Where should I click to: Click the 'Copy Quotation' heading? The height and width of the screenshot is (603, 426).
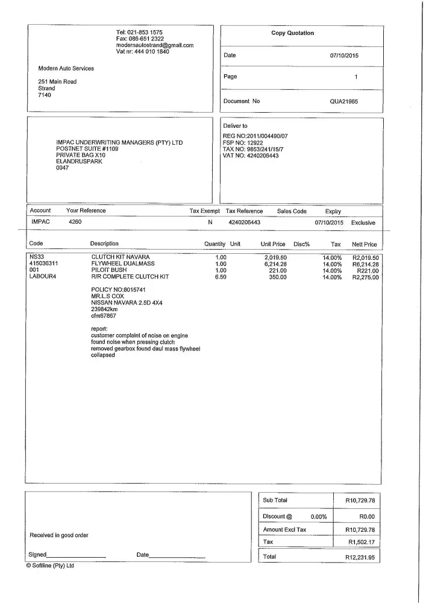pos(292,33)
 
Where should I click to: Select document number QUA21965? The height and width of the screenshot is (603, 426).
pos(343,101)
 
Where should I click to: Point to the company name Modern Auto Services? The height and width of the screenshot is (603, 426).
pos(66,68)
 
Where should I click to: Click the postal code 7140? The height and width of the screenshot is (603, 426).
pos(45,95)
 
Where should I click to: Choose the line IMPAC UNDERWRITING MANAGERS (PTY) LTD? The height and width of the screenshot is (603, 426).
pos(119,143)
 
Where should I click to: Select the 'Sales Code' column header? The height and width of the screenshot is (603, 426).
pos(292,211)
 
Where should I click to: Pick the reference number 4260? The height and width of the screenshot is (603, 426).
pos(75,223)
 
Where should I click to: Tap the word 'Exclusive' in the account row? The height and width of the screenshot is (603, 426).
pos(363,223)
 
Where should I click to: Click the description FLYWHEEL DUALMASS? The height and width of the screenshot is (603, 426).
pos(123,264)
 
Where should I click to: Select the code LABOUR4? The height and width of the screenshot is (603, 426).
pos(42,277)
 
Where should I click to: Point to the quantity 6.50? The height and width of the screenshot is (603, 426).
pos(221,277)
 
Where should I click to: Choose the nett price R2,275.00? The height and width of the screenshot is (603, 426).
pos(365,277)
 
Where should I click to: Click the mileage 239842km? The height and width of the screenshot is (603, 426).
pos(104,309)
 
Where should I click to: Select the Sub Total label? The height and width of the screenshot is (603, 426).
pos(275,500)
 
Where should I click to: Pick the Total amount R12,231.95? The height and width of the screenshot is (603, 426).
pos(360,558)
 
